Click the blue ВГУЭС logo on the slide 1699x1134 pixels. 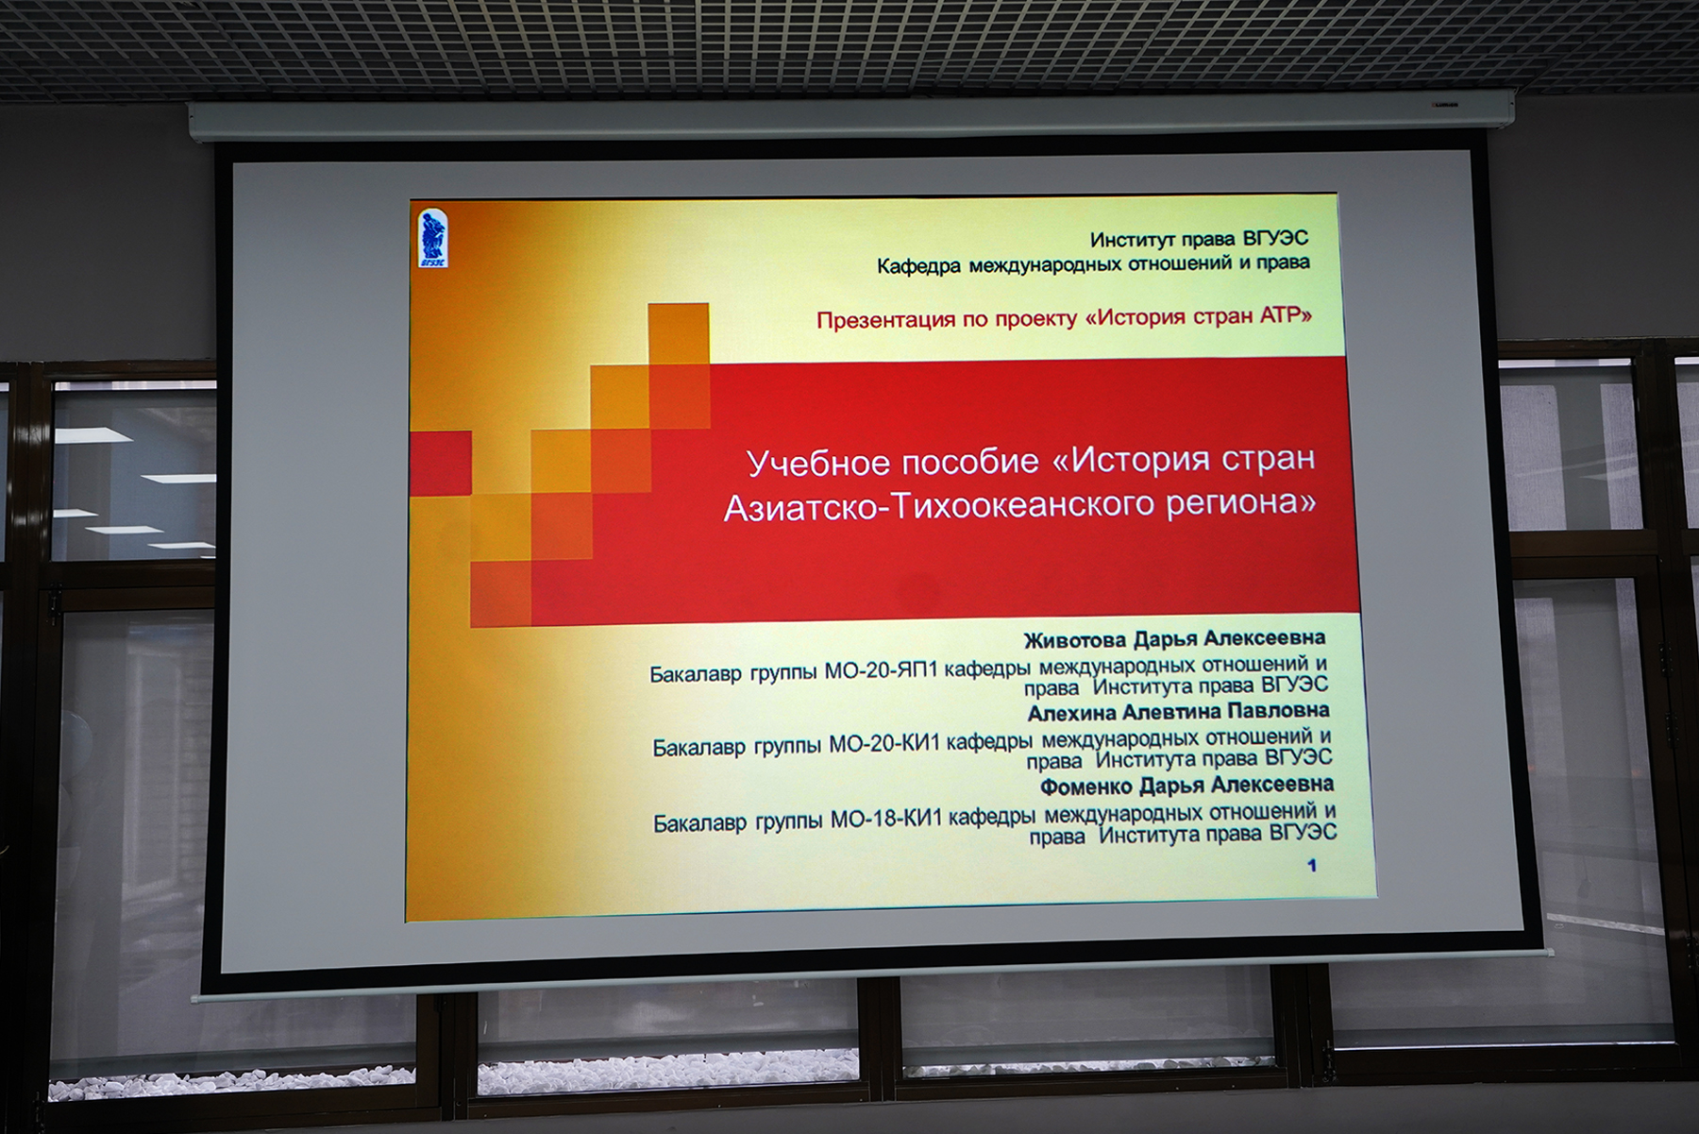pyautogui.click(x=432, y=238)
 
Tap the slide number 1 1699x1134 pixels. pyautogui.click(x=1312, y=865)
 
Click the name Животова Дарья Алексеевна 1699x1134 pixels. pyautogui.click(x=1174, y=639)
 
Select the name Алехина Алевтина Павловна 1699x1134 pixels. pyautogui.click(x=1178, y=712)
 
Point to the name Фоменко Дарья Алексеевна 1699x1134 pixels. pyautogui.click(x=1186, y=786)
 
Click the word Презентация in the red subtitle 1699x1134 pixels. pyautogui.click(x=886, y=320)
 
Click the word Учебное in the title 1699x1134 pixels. pyautogui.click(x=818, y=463)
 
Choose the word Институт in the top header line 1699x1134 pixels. pyautogui.click(x=1132, y=240)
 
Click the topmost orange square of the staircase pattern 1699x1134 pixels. pyautogui.click(x=678, y=332)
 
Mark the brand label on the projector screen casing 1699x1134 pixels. pyautogui.click(x=1443, y=105)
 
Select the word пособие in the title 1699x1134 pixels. pyautogui.click(x=970, y=462)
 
